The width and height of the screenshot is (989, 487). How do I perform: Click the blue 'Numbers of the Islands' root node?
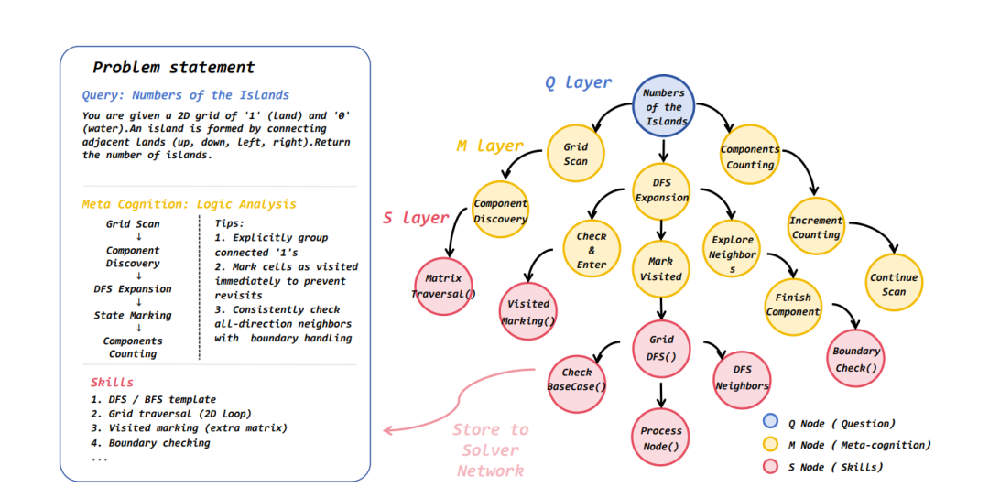tap(664, 106)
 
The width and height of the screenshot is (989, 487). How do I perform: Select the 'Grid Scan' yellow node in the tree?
tap(576, 153)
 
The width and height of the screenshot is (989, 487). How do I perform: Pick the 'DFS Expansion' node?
tap(662, 190)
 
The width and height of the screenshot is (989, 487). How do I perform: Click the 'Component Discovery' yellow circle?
tap(500, 210)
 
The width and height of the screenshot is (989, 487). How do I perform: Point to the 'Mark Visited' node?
tap(661, 269)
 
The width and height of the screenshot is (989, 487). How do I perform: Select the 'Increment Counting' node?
tap(816, 227)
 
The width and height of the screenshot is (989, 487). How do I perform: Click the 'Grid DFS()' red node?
tap(662, 350)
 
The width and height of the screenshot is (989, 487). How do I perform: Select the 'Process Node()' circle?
tap(661, 438)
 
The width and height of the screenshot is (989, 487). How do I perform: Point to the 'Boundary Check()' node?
tap(854, 359)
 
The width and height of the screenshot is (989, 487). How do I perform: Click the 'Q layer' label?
tap(579, 82)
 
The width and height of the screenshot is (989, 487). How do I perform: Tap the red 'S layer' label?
tap(416, 218)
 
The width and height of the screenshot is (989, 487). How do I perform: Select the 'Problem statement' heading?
tap(173, 68)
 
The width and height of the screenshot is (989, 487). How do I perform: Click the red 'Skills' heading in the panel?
tap(112, 383)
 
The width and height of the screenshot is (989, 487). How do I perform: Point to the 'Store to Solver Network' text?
tap(491, 450)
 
